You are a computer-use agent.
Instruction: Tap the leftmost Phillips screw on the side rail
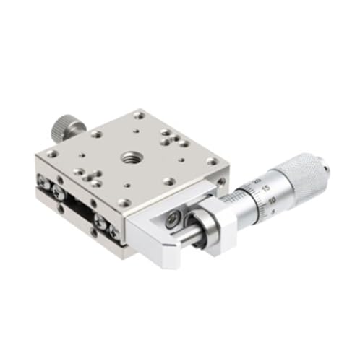[56, 189]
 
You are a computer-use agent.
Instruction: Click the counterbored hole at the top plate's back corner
[138, 115]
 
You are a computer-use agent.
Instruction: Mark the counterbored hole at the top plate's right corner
[211, 162]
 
